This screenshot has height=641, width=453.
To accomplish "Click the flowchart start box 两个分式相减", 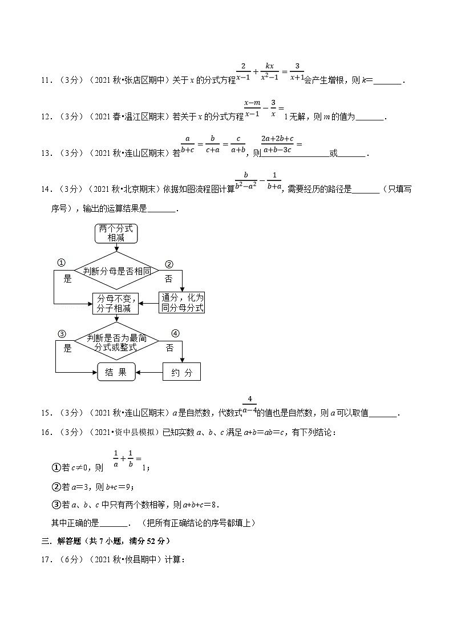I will point(116,233).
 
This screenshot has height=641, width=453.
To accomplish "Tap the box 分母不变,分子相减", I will point(116,303).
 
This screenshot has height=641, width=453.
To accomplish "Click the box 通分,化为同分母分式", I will point(182,303).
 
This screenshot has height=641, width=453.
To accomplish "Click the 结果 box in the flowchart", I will point(116,373).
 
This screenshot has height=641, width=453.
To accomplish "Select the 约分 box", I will point(182,373).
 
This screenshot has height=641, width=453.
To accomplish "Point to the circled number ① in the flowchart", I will point(62,263).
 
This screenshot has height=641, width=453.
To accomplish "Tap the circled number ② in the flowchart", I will point(169,264).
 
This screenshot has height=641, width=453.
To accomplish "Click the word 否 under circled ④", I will point(169,348).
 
